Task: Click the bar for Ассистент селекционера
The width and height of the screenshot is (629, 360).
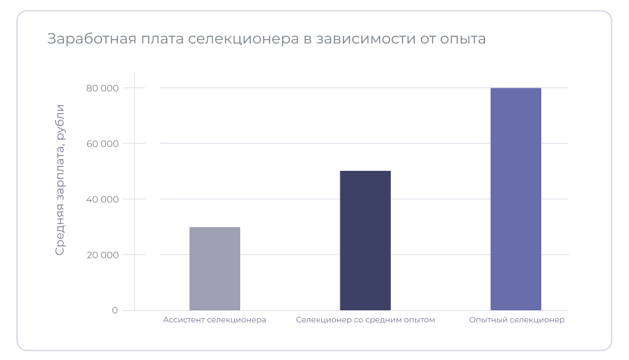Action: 215,268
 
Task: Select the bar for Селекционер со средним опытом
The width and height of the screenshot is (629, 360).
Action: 365,240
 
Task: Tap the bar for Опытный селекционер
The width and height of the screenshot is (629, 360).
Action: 516,199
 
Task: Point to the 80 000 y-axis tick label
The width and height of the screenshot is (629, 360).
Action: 102,88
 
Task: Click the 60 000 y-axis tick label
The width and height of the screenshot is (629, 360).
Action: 102,143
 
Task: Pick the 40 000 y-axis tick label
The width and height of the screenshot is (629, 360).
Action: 102,199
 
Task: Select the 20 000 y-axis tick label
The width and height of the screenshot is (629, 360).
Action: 102,255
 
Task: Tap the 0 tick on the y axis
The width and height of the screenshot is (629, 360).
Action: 115,310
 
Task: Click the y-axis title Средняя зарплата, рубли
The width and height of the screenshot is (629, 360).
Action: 60,179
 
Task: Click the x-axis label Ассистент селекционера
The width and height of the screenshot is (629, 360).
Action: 215,320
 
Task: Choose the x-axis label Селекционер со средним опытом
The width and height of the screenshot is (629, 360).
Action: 365,320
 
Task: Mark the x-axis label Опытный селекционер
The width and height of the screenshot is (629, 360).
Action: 516,320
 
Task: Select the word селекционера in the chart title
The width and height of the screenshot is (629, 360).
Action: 243,39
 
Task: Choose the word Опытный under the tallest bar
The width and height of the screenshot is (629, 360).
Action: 488,320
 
